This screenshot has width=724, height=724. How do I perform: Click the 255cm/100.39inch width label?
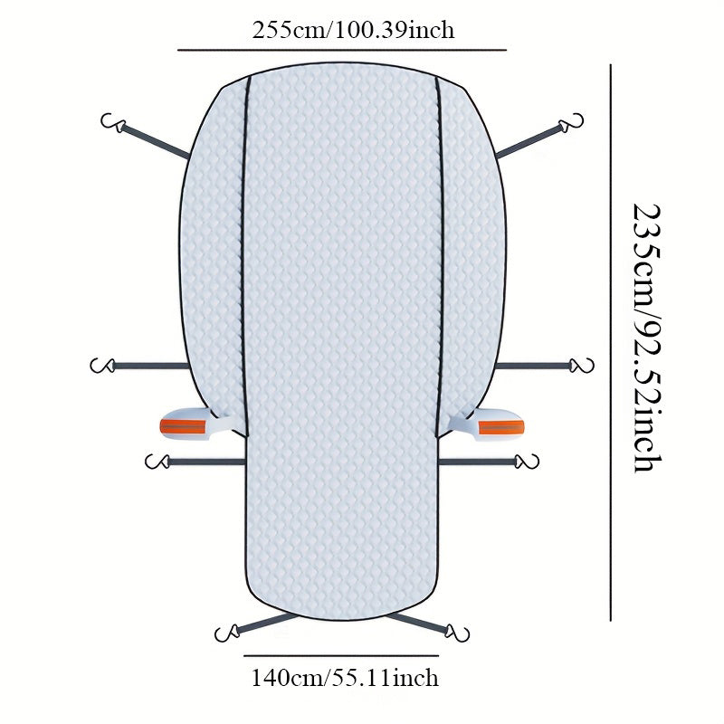[353, 31]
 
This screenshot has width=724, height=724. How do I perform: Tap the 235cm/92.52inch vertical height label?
[646, 338]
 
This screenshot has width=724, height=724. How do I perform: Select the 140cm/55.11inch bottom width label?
[345, 678]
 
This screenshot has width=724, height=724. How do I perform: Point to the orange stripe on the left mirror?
[183, 426]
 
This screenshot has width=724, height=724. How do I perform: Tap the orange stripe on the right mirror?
[501, 427]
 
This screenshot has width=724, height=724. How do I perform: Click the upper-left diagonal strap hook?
[112, 122]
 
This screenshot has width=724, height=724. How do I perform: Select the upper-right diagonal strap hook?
[572, 122]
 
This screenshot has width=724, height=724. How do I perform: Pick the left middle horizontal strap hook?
[101, 366]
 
